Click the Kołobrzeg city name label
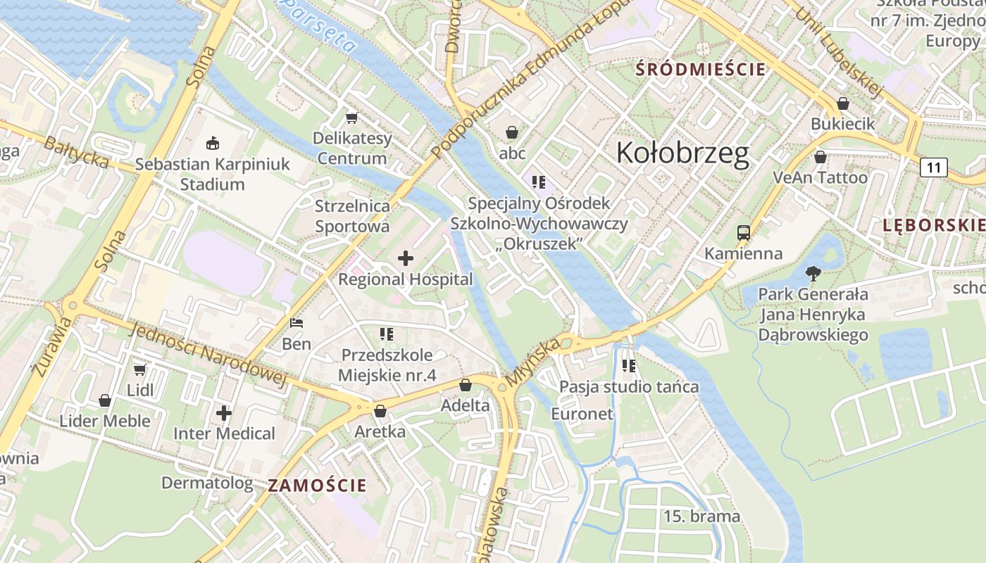pos(682,153)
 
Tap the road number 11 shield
pos(934,167)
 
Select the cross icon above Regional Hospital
pos(406,258)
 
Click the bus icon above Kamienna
pos(743,233)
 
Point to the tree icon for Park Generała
pos(813,274)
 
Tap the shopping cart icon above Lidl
pos(140,369)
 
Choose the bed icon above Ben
pos(297,324)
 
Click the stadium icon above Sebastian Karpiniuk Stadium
pos(212,144)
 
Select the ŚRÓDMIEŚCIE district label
pos(700,70)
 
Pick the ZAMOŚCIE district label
pos(317,485)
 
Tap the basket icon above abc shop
pos(512,132)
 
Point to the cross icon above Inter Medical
pos(224,413)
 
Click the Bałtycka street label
pos(76,153)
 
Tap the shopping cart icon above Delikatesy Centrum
pos(351,118)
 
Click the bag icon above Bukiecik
pos(842,104)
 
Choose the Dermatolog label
pos(207,483)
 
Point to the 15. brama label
pos(701,517)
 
